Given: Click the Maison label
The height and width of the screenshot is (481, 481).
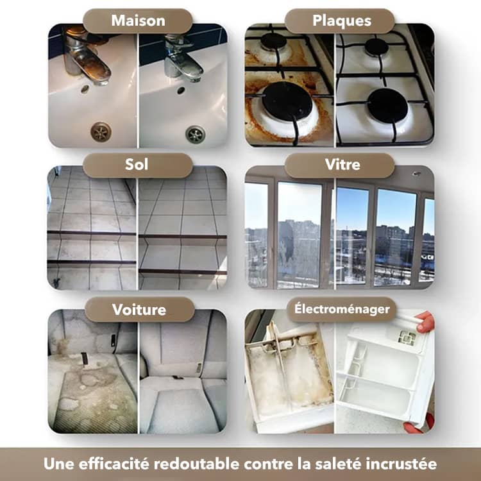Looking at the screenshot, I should pos(137,21).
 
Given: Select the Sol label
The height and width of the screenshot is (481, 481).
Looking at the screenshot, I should pos(137,165).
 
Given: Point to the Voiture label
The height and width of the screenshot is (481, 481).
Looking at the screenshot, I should pos(139,310).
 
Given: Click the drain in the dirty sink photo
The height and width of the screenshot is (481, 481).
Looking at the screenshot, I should pos(101,132).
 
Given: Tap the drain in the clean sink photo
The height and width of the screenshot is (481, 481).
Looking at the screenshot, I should pos(195,134).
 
